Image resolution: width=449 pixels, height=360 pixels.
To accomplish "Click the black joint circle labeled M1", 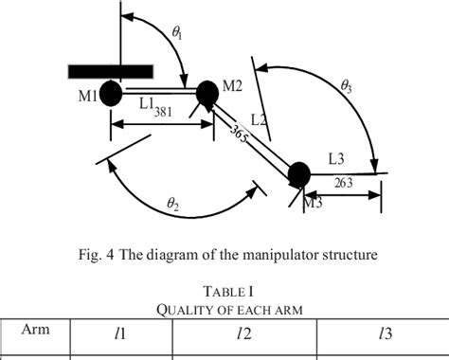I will pyautogui.click(x=110, y=93).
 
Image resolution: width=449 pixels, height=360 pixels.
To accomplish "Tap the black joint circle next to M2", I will pyautogui.click(x=207, y=93).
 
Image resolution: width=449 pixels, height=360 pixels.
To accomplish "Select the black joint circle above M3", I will pyautogui.click(x=298, y=173).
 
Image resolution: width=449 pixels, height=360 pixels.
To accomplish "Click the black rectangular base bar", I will pyautogui.click(x=111, y=71).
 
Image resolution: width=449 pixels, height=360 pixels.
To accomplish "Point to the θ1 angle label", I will pyautogui.click(x=177, y=32).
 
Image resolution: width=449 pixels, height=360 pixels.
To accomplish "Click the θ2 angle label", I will pyautogui.click(x=172, y=202).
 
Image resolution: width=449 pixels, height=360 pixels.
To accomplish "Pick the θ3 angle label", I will pyautogui.click(x=347, y=85).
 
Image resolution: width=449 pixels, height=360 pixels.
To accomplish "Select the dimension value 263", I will pyautogui.click(x=343, y=184).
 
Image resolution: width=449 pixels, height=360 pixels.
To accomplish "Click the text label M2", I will pyautogui.click(x=233, y=87).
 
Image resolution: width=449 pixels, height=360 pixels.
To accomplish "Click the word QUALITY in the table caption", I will pyautogui.click(x=181, y=309).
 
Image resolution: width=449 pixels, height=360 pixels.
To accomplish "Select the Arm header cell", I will pyautogui.click(x=35, y=330).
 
